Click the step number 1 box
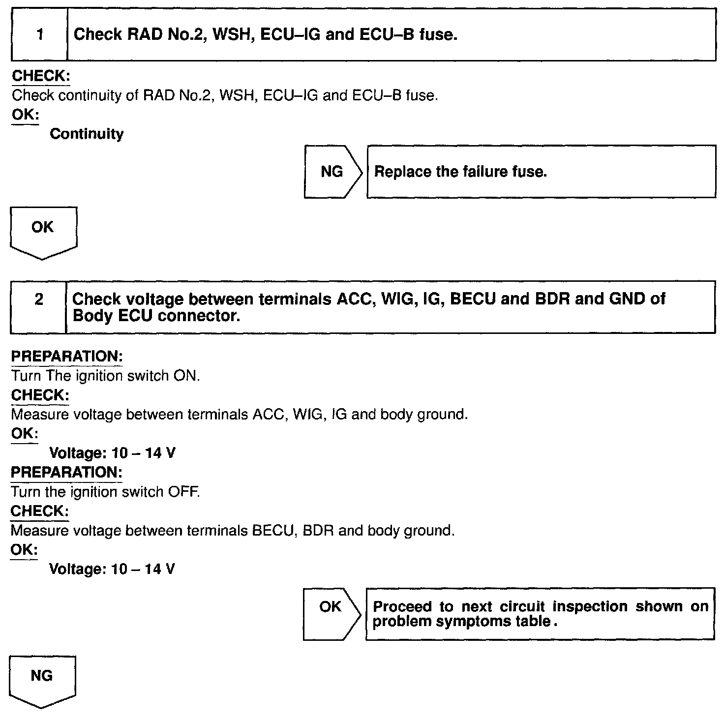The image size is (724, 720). pyautogui.click(x=39, y=35)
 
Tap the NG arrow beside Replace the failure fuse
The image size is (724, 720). pyautogui.click(x=332, y=172)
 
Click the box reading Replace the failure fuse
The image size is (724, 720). pyautogui.click(x=541, y=172)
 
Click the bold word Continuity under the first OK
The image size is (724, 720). pyautogui.click(x=87, y=134)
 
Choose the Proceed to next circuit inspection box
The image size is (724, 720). pyautogui.click(x=540, y=613)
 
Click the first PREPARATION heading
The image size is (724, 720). pyautogui.click(x=67, y=356)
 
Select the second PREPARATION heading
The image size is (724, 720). pyautogui.click(x=67, y=472)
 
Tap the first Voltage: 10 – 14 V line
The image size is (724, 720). pyautogui.click(x=113, y=452)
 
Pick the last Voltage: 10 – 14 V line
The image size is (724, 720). pyautogui.click(x=113, y=569)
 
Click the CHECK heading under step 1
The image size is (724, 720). pyautogui.click(x=41, y=76)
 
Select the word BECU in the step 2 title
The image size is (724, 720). pyautogui.click(x=473, y=299)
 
